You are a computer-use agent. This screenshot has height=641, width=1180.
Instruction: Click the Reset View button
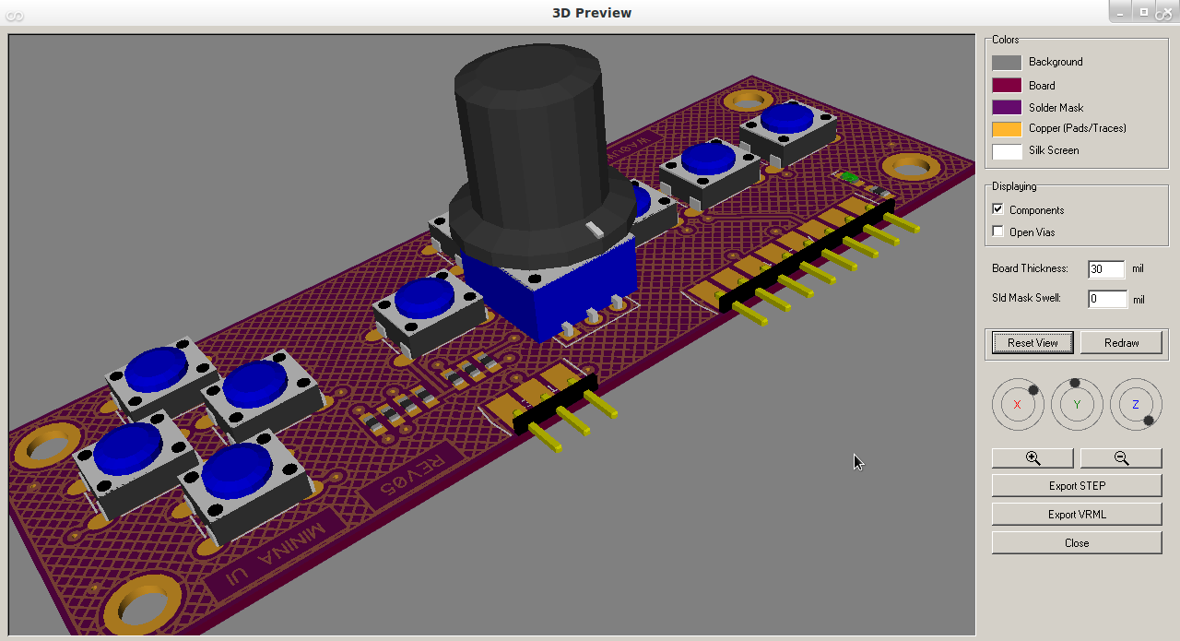(x=1032, y=342)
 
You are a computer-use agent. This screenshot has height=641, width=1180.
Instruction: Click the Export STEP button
(x=1076, y=485)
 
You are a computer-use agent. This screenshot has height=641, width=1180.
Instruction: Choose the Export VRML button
(x=1076, y=514)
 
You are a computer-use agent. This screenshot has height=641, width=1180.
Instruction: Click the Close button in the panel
(x=1076, y=542)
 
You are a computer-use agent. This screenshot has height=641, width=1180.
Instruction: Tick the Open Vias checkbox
(x=997, y=231)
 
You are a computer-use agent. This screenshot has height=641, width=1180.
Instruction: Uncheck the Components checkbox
(x=997, y=209)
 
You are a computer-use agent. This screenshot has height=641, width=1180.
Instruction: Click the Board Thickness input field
(x=1105, y=269)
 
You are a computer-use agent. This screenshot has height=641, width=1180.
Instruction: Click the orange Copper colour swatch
(x=1006, y=129)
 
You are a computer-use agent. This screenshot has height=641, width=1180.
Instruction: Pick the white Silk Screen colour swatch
(x=1006, y=151)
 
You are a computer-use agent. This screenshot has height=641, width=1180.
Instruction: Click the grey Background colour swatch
(x=1006, y=63)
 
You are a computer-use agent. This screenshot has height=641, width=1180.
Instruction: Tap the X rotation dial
(x=1018, y=405)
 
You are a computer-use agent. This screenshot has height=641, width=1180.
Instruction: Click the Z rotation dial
(x=1136, y=405)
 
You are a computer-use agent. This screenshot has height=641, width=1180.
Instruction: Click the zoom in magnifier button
(x=1032, y=458)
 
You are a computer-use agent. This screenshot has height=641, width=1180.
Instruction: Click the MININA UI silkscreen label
(x=277, y=551)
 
